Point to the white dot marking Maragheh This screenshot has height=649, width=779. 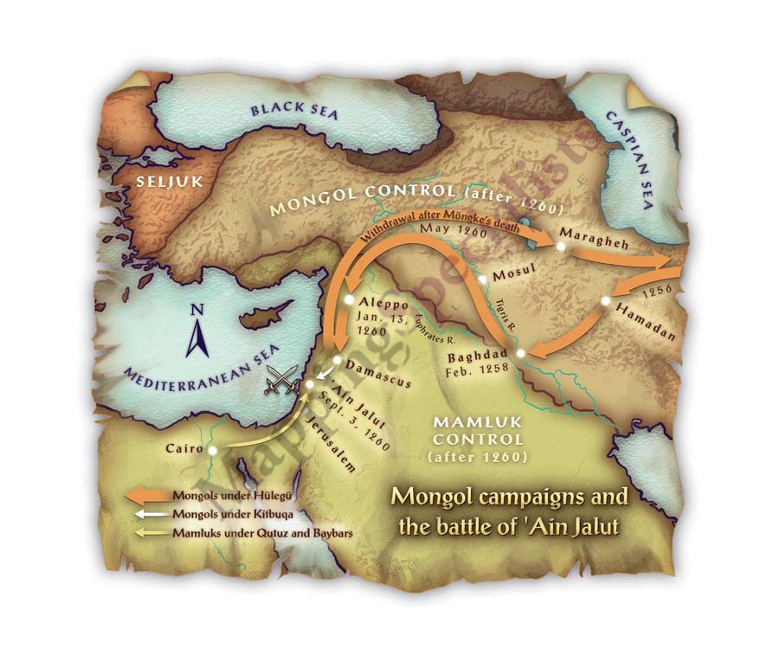click(x=561, y=246)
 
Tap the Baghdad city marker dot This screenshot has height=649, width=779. click(x=520, y=353)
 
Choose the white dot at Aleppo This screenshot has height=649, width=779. click(x=348, y=300)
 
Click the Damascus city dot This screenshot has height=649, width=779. click(x=338, y=360)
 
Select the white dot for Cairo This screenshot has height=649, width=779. click(x=212, y=450)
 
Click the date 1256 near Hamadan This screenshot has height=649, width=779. click(x=657, y=292)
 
